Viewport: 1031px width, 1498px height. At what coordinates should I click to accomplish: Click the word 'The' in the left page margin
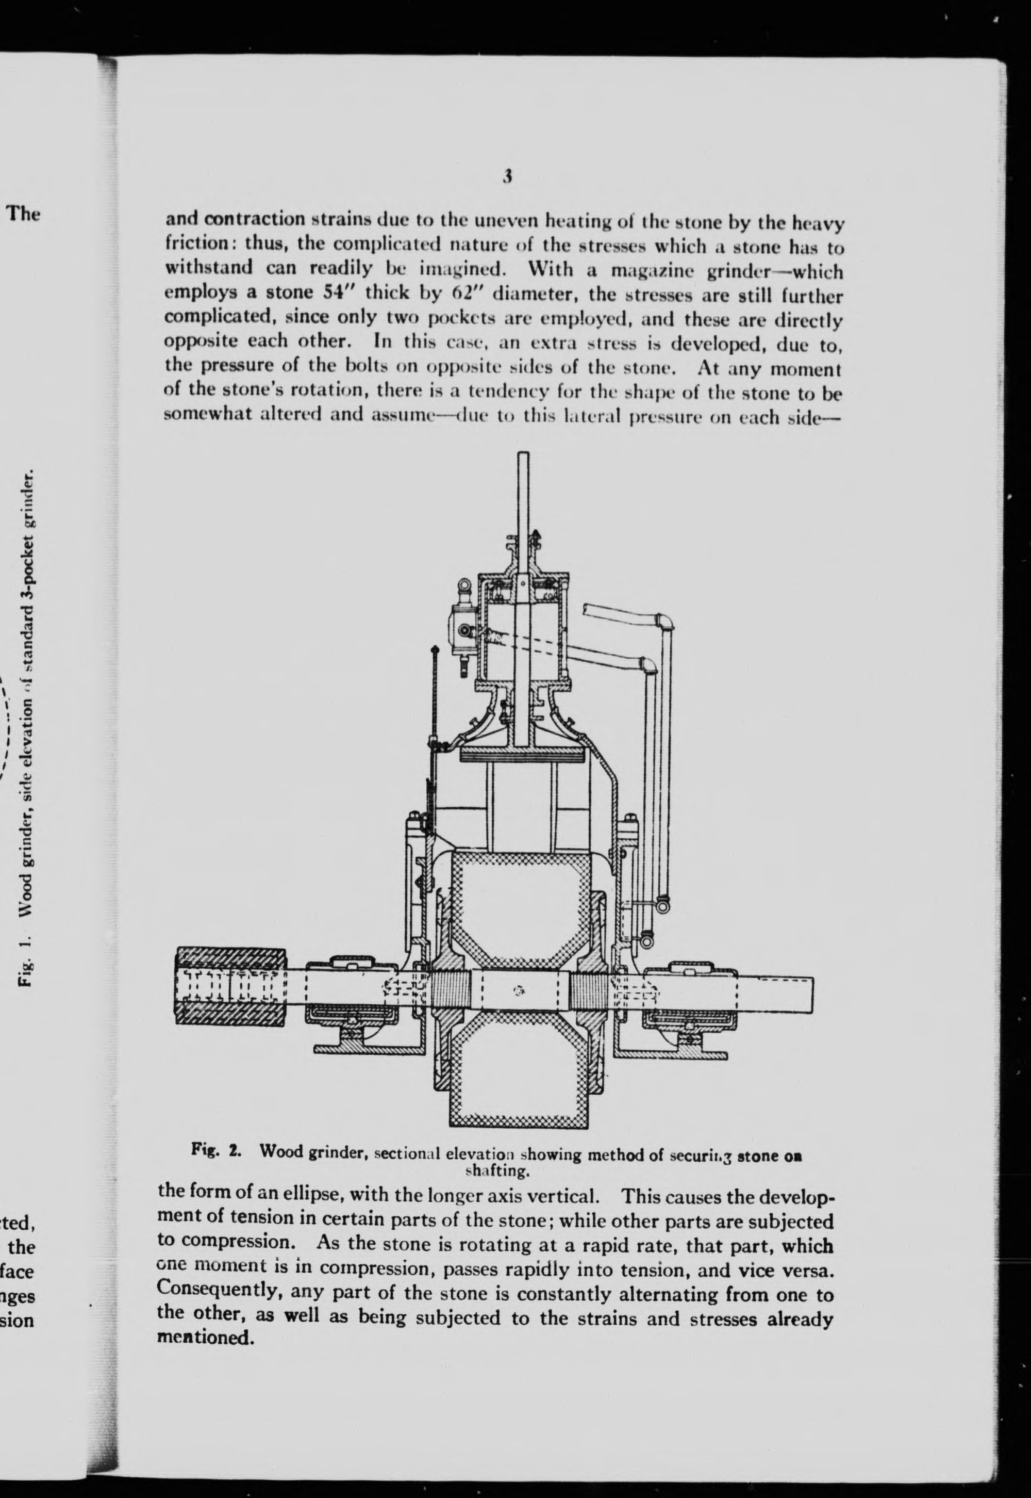coord(23,214)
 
